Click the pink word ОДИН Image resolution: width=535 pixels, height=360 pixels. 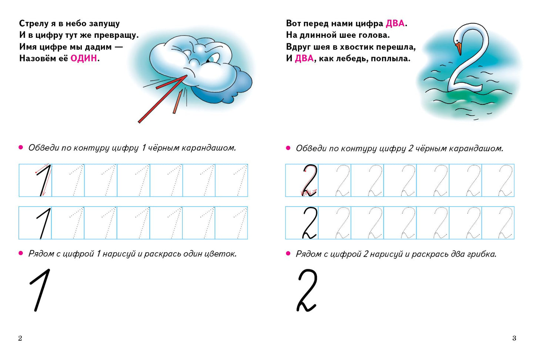(x=84, y=58)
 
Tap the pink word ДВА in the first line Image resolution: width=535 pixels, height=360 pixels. (x=395, y=23)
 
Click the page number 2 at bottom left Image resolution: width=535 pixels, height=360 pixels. (x=20, y=338)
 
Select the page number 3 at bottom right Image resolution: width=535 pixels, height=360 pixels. (x=514, y=338)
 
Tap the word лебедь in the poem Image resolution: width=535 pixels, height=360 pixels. (x=354, y=59)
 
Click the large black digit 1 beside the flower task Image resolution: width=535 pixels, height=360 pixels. (x=40, y=290)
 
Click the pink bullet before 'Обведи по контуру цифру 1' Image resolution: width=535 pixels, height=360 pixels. (x=21, y=148)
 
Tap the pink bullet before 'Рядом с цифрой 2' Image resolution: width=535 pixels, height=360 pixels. (x=288, y=253)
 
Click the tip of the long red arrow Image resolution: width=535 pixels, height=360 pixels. (x=187, y=76)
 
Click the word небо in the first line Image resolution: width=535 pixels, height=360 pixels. (x=76, y=23)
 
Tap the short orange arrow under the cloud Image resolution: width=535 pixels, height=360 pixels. (x=178, y=102)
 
